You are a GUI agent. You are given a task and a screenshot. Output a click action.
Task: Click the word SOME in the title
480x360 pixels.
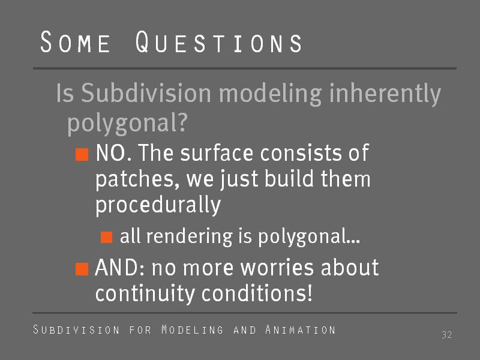click(x=76, y=42)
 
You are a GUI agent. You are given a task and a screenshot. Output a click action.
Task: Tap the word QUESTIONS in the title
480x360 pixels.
click(x=218, y=42)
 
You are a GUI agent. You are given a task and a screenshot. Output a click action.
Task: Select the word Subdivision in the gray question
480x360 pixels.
click(x=146, y=93)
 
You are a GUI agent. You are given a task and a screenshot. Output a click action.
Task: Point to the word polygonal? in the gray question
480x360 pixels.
click(x=127, y=123)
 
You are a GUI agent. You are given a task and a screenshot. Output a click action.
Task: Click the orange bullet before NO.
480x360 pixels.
click(x=82, y=154)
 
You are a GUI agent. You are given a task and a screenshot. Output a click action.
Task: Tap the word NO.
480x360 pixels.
click(x=113, y=152)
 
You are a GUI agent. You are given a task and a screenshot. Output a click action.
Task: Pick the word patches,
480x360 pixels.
click(x=137, y=179)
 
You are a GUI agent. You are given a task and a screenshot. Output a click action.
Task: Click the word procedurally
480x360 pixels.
click(x=158, y=205)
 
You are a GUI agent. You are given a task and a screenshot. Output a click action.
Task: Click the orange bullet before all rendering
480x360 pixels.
click(x=107, y=237)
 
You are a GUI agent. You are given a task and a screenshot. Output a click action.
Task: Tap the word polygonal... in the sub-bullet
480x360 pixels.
click(x=309, y=236)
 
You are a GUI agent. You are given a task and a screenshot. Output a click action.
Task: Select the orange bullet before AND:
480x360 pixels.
click(x=82, y=269)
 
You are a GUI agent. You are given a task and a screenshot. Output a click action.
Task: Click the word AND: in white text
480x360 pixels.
click(x=119, y=268)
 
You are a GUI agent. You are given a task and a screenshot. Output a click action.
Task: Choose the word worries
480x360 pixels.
click(x=277, y=268)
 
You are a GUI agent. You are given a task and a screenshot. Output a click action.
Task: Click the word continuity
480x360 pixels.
click(x=145, y=293)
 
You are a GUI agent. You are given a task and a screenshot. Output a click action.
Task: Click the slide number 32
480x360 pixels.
click(x=446, y=335)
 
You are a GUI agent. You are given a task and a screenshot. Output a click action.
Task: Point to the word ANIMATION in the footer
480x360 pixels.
click(x=301, y=329)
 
